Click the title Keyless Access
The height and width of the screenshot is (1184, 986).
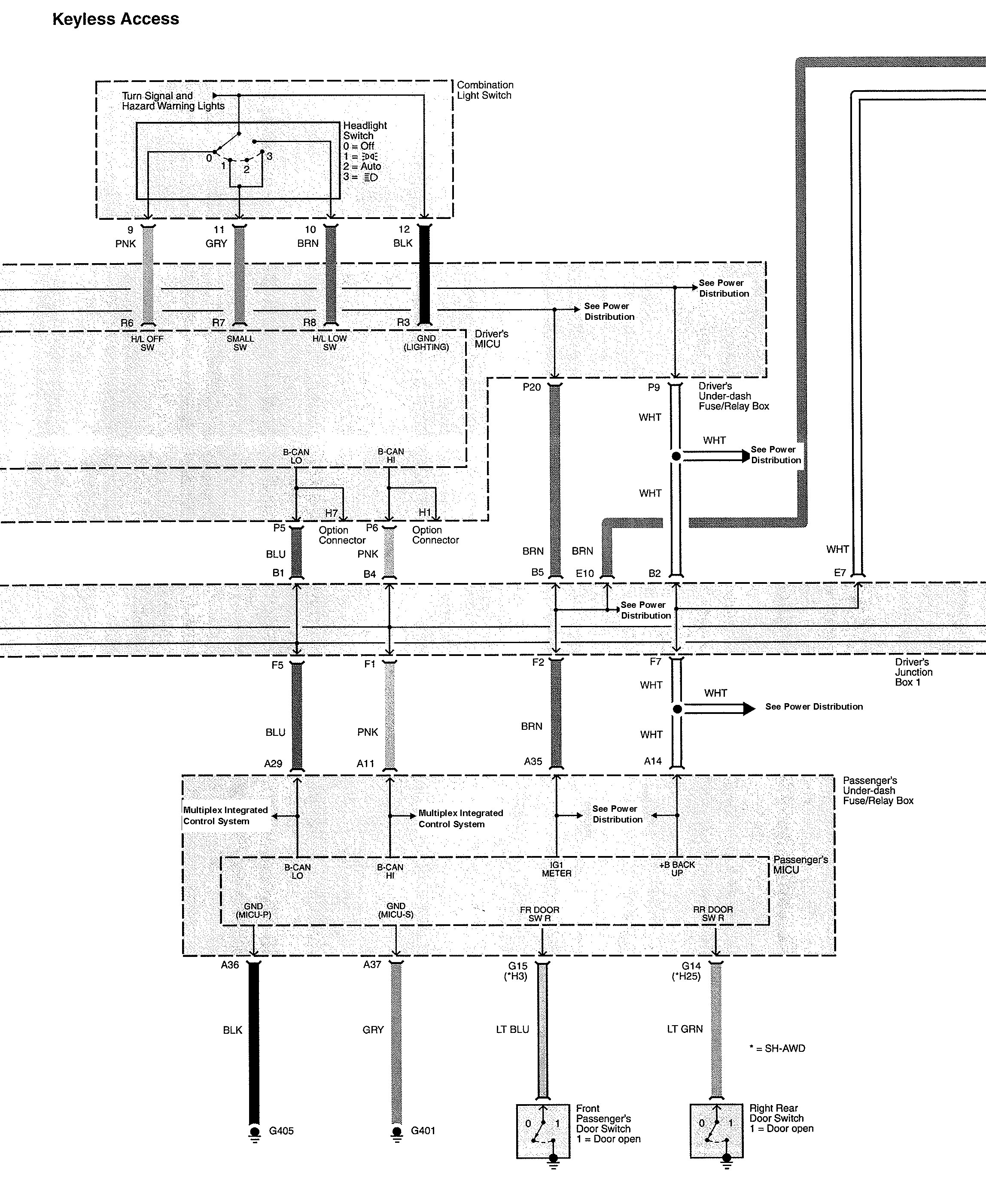116,19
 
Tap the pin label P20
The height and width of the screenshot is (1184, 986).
531,387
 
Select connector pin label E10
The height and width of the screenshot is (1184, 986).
584,574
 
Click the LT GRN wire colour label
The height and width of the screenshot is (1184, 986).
685,1029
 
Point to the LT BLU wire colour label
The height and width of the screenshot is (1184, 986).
513,1029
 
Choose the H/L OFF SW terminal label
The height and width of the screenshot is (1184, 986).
147,343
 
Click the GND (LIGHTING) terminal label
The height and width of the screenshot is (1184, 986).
426,343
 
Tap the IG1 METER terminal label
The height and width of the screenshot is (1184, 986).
557,869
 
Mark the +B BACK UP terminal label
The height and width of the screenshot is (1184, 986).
677,869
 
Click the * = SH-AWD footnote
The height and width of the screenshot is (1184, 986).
777,1048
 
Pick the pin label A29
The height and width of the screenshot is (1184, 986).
273,763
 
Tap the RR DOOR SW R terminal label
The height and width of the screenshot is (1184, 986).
713,914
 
